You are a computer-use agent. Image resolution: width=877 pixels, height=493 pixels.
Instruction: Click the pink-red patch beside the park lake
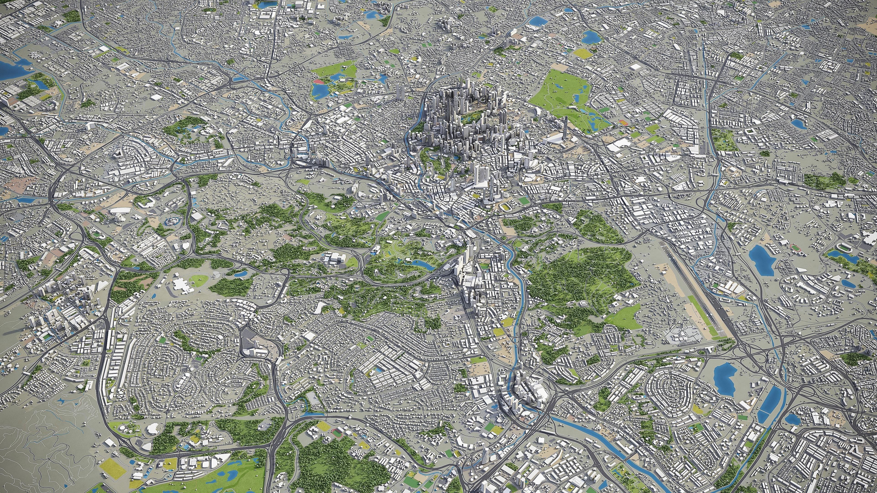point(319,82)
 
